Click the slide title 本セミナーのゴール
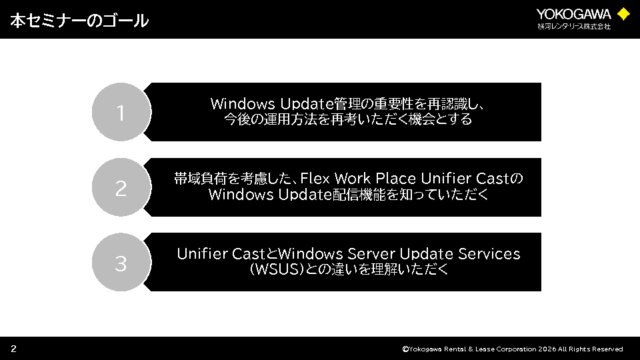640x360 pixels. tap(79, 21)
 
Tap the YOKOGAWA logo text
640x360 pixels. tap(573, 14)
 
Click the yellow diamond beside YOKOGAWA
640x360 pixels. tap(623, 14)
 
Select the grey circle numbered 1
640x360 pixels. tap(121, 112)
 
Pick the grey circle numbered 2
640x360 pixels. tap(121, 187)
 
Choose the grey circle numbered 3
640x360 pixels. tap(121, 262)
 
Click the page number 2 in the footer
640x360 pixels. tap(13, 349)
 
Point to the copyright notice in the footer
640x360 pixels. tap(512, 349)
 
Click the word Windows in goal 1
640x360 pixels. tap(243, 104)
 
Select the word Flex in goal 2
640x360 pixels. tap(315, 179)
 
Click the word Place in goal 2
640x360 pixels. tap(395, 179)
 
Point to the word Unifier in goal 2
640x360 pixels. tap(446, 179)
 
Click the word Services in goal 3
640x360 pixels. tap(489, 254)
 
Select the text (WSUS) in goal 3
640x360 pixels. tap(277, 269)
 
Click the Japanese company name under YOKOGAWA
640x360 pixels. tap(574, 27)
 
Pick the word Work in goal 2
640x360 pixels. tap(352, 179)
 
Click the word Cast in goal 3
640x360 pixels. tap(249, 254)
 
